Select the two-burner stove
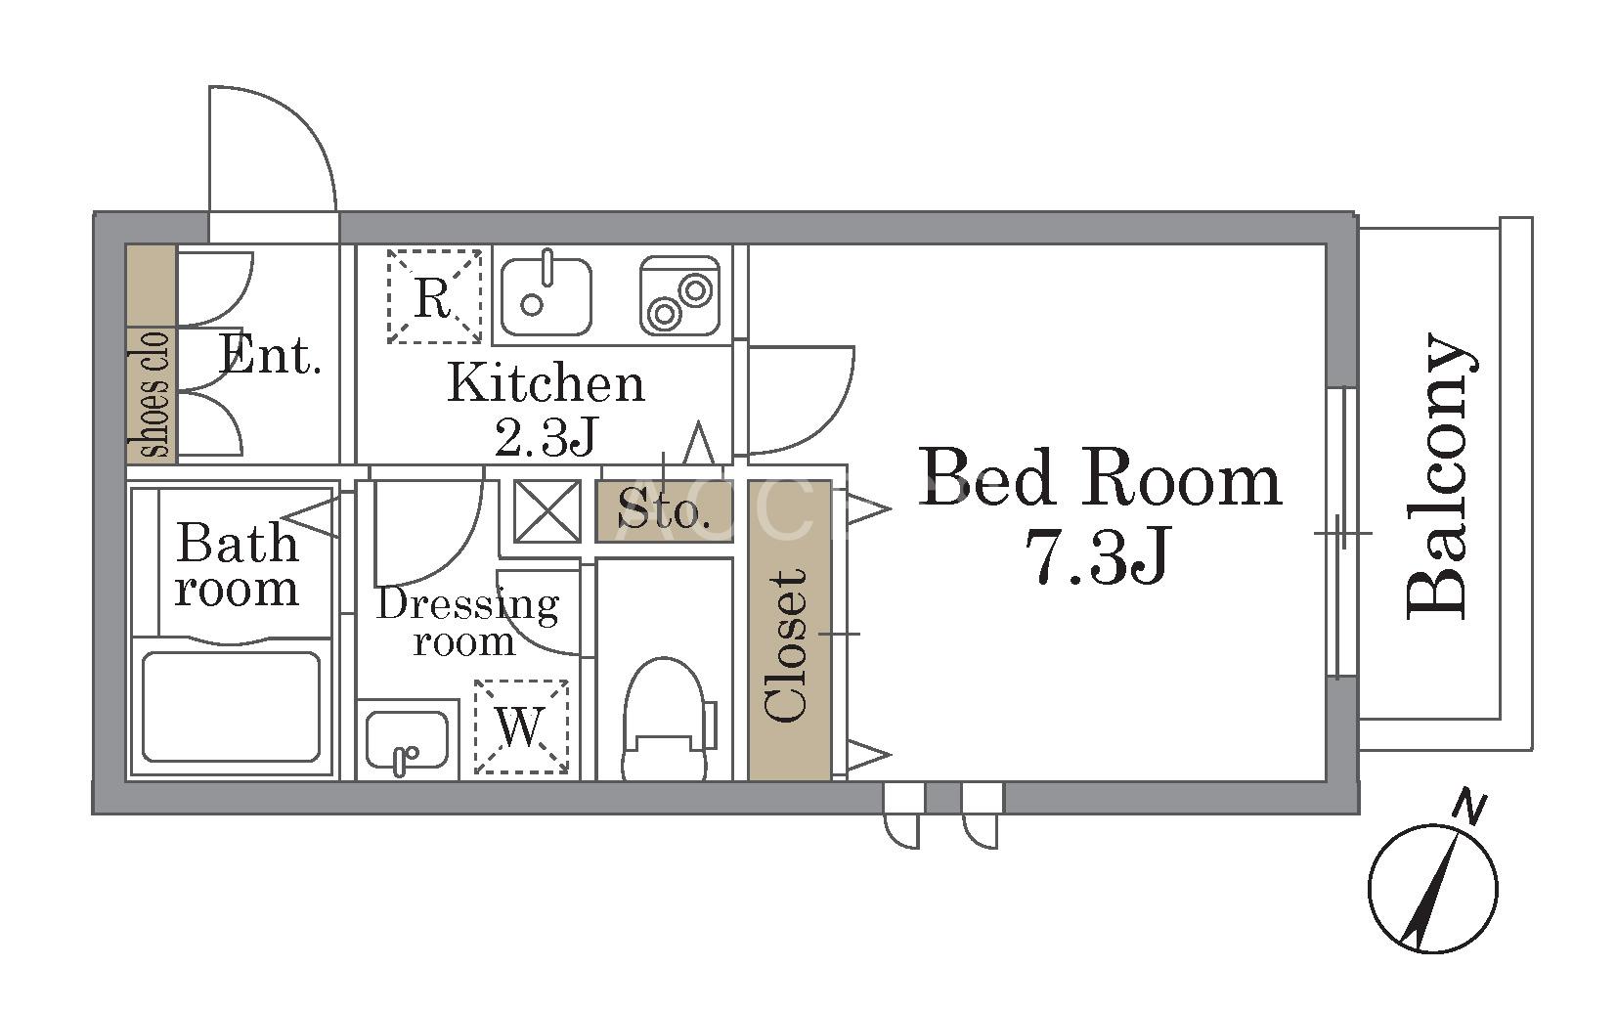pyautogui.click(x=679, y=295)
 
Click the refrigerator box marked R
pyautogui.click(x=434, y=296)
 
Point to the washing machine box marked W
pyautogui.click(x=521, y=726)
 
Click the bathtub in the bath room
pyautogui.click(x=231, y=707)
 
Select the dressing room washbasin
pyautogui.click(x=407, y=741)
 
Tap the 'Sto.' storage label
pyautogui.click(x=664, y=511)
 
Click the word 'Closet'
pyautogui.click(x=787, y=646)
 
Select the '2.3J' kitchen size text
pyautogui.click(x=546, y=437)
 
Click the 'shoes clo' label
pyautogui.click(x=153, y=395)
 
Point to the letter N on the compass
pyautogui.click(x=1469, y=810)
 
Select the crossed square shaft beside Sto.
pyautogui.click(x=546, y=511)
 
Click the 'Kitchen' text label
pyautogui.click(x=546, y=382)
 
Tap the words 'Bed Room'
pyautogui.click(x=1100, y=478)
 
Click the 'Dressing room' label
pyautogui.click(x=467, y=622)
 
